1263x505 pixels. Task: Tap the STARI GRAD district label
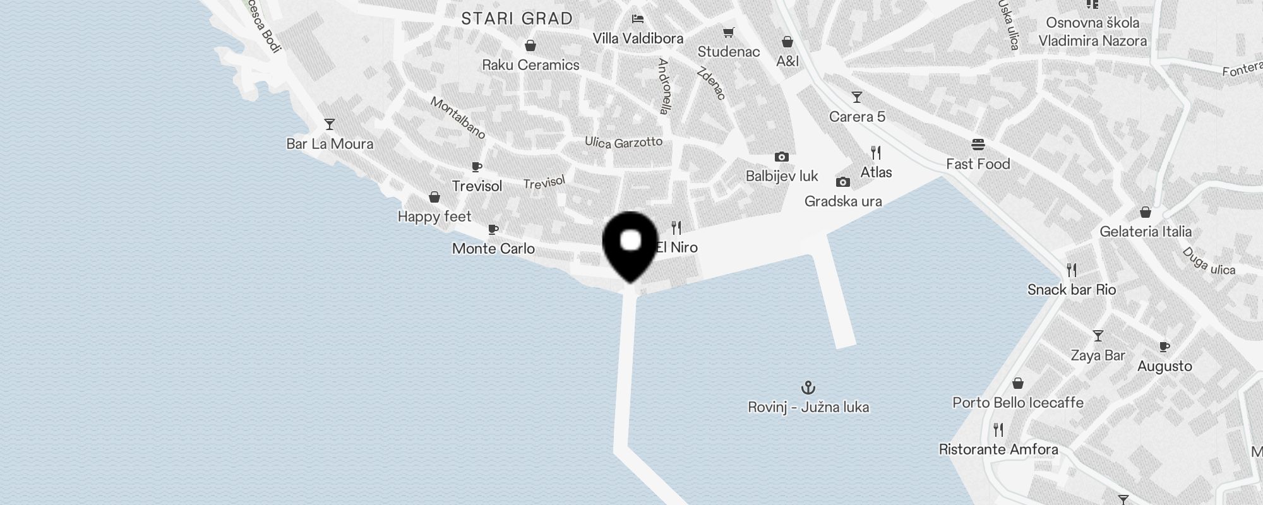point(517,19)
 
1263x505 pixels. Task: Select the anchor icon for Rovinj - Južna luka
point(808,388)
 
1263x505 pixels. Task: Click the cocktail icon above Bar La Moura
point(329,124)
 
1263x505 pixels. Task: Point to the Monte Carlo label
point(493,249)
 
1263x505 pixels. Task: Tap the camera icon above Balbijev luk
point(781,157)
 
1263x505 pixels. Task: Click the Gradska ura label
point(843,201)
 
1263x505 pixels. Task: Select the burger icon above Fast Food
point(978,145)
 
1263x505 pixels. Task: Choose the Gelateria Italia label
point(1146,232)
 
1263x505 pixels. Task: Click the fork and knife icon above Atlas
point(876,153)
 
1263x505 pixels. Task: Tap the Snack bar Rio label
point(1072,290)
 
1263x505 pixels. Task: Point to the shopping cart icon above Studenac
point(729,32)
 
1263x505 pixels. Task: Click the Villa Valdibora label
point(638,39)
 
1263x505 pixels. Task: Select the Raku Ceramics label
point(530,65)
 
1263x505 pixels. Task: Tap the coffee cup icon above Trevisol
point(477,167)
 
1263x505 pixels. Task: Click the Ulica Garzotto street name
point(623,143)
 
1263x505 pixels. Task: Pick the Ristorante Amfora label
point(998,449)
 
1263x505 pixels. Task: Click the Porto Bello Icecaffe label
point(1017,403)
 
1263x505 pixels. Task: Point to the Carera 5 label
point(857,117)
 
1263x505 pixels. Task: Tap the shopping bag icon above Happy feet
point(434,198)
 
